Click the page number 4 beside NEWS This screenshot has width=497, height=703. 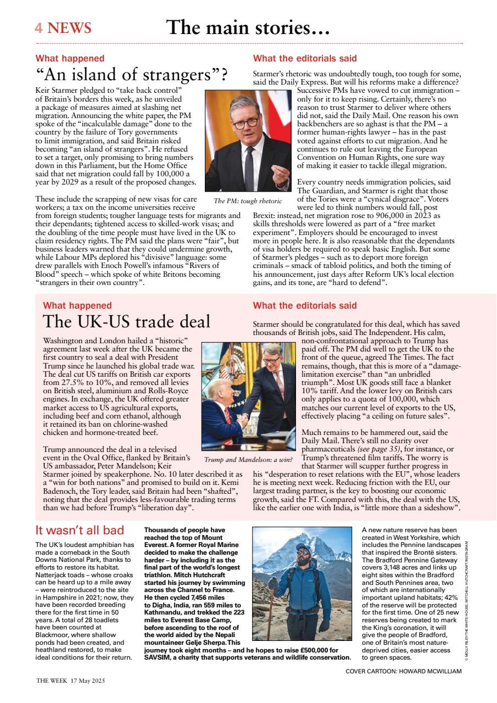coord(39,28)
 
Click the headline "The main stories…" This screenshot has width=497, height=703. coord(248,27)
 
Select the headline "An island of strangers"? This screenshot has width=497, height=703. coord(132,75)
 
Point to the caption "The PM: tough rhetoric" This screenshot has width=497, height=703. coord(248,201)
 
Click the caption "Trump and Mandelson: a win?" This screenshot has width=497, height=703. coord(248,459)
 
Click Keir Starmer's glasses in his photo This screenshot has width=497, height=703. coord(244,122)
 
